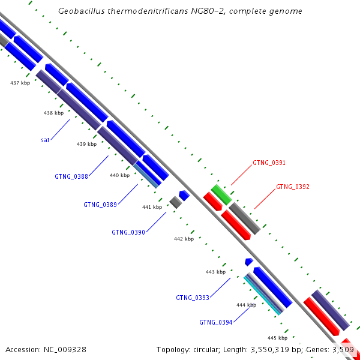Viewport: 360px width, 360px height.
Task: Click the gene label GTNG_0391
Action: (269, 163)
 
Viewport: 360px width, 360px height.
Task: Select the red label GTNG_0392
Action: (293, 187)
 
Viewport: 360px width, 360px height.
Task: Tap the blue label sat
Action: (45, 140)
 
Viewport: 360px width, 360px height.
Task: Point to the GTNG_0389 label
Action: (100, 205)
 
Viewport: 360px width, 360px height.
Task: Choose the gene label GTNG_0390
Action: (128, 232)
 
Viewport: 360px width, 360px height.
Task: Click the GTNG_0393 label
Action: (193, 298)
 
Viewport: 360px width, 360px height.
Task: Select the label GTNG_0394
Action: (216, 322)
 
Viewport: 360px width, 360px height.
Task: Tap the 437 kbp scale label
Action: (20, 83)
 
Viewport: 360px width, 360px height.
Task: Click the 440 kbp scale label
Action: (119, 175)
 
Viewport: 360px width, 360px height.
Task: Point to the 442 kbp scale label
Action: (184, 239)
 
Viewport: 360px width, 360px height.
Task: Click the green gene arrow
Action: (221, 194)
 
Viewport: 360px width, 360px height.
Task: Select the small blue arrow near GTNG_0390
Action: (184, 196)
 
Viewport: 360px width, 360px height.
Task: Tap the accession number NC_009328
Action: (65, 349)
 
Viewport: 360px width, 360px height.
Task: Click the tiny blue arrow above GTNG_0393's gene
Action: (248, 262)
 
